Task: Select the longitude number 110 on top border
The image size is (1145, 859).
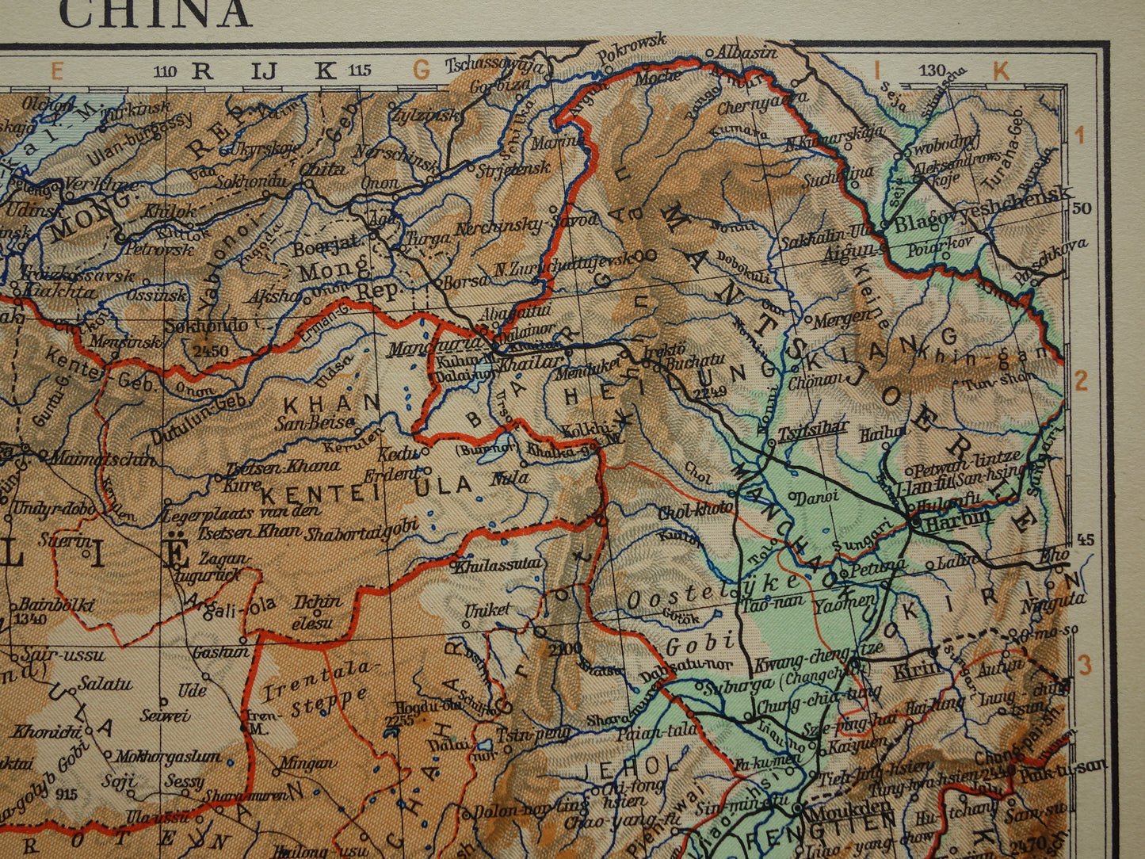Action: tap(165, 71)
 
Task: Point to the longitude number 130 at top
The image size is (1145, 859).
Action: tap(932, 71)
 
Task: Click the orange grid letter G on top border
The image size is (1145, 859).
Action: tap(422, 71)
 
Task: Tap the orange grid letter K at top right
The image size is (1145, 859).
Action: tap(1002, 71)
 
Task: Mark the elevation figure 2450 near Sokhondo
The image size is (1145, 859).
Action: tap(203, 350)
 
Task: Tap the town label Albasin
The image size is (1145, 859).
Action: tap(746, 52)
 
